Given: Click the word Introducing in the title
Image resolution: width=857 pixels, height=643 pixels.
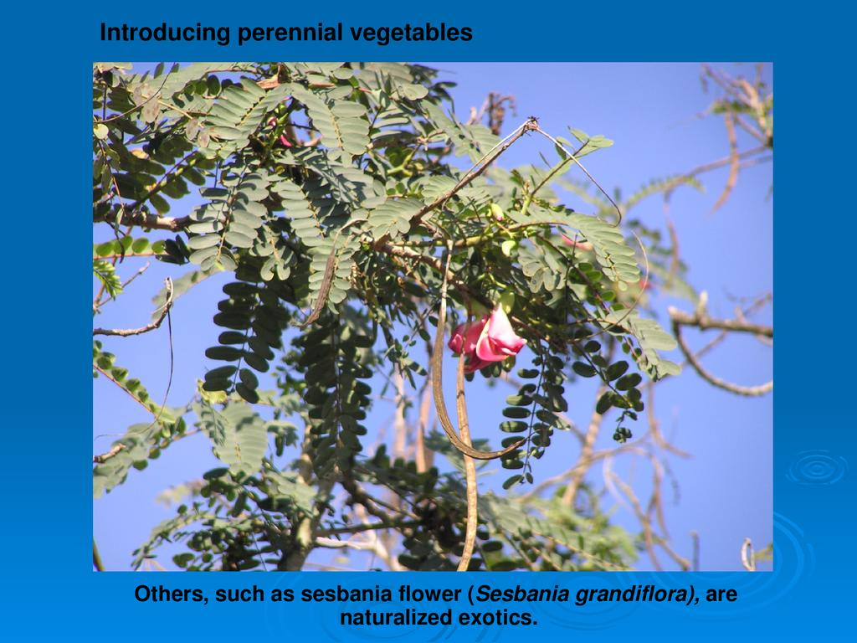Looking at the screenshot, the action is point(165,33).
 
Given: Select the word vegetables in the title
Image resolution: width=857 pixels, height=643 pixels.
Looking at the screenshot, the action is point(411,33).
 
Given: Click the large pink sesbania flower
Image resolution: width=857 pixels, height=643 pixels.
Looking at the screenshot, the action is point(486,338).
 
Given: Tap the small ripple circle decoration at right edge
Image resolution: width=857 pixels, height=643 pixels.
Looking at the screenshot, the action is point(818,468).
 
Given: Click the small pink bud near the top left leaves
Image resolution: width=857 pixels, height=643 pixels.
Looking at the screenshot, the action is point(285,140).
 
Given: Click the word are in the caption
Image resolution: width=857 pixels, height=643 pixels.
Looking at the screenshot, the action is point(721,594).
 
